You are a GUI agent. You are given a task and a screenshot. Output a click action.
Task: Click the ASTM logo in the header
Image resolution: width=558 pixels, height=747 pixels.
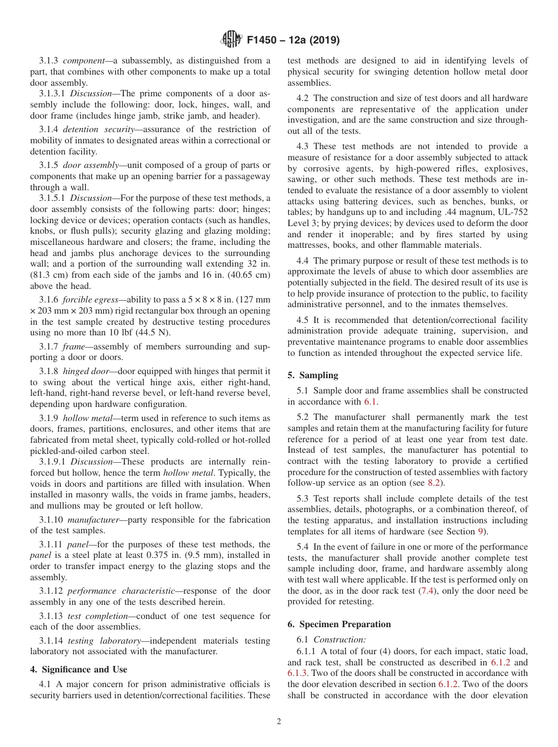click(x=231, y=39)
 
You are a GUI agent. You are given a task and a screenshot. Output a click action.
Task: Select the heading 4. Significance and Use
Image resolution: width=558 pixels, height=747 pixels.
click(x=78, y=669)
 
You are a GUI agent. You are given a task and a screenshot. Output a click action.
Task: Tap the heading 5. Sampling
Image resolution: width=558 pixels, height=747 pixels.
click(x=312, y=375)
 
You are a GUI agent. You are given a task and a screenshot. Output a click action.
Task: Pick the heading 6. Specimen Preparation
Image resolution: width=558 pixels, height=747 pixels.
click(x=339, y=624)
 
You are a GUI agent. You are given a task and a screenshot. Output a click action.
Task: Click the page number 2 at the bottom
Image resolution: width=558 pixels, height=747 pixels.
click(x=279, y=722)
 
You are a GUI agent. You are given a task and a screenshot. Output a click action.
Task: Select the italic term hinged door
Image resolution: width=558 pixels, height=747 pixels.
click(x=85, y=371)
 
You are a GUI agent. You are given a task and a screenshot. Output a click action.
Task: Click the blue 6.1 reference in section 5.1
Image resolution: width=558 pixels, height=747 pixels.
click(x=371, y=402)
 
